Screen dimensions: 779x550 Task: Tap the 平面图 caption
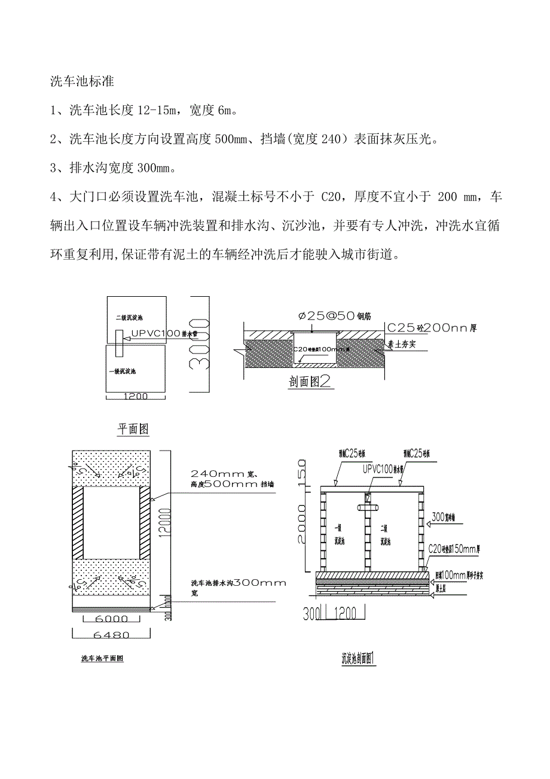click(133, 429)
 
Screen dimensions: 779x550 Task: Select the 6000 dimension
click(111, 618)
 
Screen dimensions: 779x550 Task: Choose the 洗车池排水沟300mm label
click(239, 583)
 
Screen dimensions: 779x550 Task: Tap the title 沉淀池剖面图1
click(357, 659)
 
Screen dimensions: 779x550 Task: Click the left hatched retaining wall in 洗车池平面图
click(78, 522)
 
